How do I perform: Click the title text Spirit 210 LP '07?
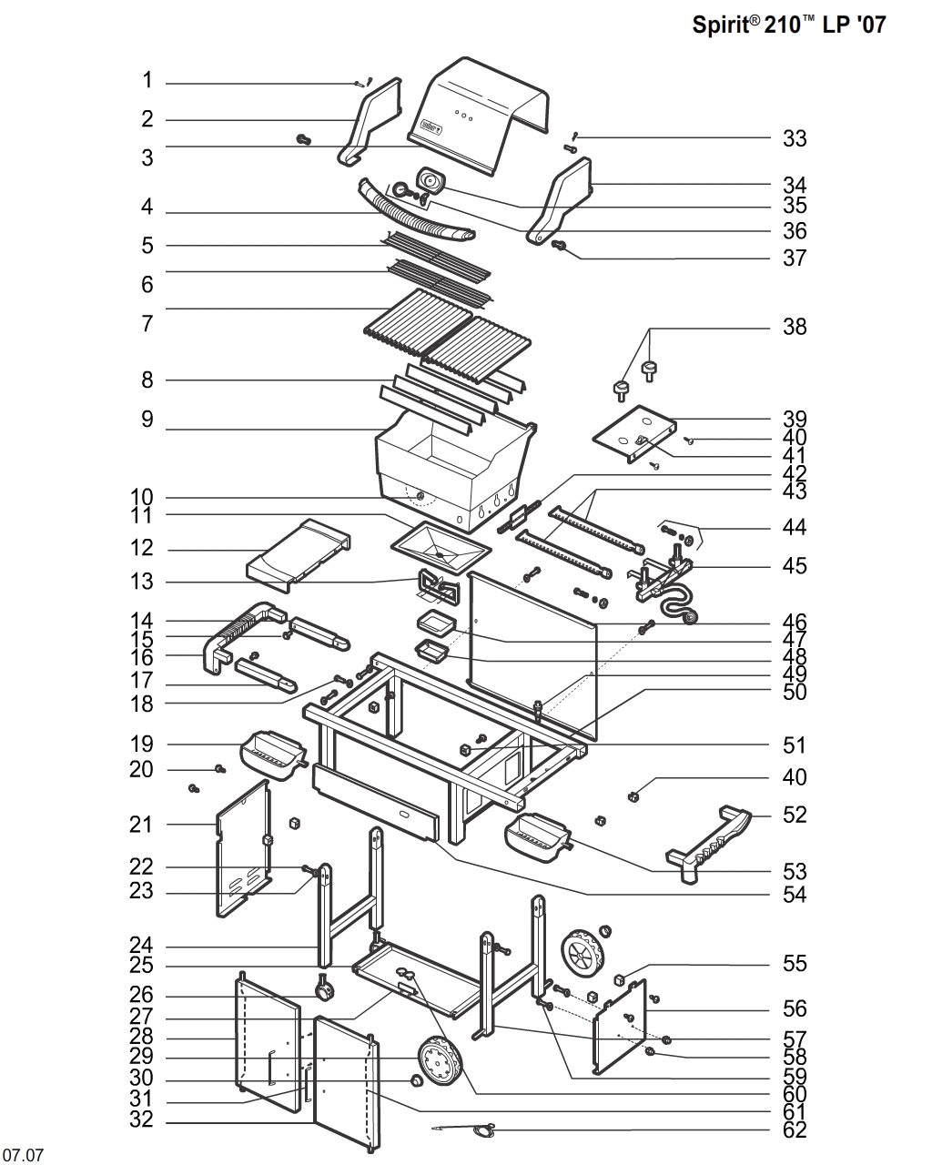coord(788,25)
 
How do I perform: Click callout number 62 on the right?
coord(795,1130)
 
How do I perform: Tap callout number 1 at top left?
coord(147,81)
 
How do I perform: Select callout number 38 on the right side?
coord(795,327)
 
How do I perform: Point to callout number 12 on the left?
coord(142,549)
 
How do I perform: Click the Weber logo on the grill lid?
coord(430,127)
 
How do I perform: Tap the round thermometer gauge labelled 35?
coord(429,181)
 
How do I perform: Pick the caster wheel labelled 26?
coord(321,988)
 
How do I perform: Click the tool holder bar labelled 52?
coord(710,841)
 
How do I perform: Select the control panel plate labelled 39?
coord(634,432)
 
